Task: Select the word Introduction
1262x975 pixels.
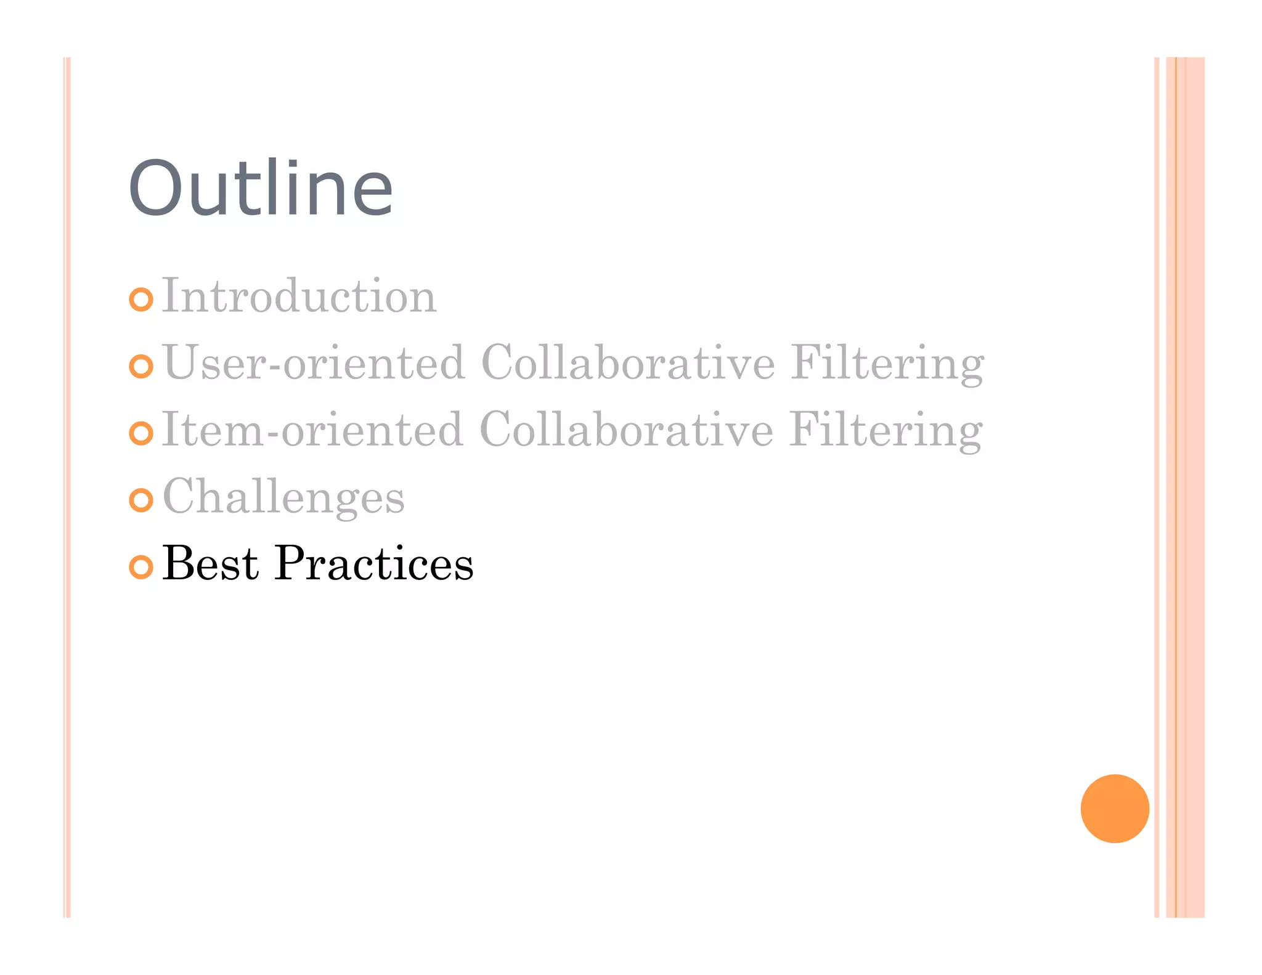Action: click(299, 296)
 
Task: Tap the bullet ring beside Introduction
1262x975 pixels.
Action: click(141, 300)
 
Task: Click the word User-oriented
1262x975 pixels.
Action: click(314, 363)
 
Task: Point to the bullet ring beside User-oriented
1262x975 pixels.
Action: click(141, 366)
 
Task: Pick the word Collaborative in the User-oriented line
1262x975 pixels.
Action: click(627, 363)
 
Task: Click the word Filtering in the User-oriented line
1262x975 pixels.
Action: click(887, 364)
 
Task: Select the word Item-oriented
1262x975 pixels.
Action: click(312, 430)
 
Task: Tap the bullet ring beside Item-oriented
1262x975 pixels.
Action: click(141, 433)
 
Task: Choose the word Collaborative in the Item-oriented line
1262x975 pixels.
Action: click(626, 430)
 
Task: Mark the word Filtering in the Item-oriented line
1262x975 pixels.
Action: click(885, 431)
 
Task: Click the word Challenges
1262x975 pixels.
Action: click(283, 497)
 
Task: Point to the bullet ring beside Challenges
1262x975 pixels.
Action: click(141, 500)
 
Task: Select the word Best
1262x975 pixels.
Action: click(210, 563)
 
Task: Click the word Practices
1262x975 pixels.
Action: click(374, 563)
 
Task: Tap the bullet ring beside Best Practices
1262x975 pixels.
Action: click(141, 567)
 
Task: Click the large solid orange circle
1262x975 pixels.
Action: click(1114, 808)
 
